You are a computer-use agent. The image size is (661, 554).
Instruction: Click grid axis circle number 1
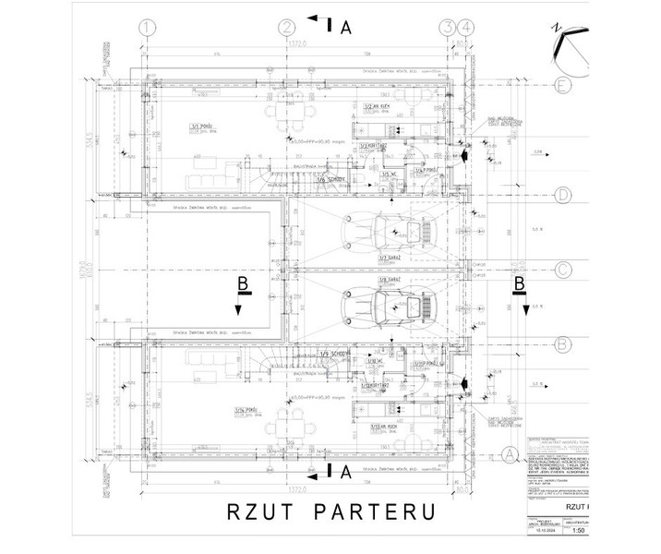[144, 27]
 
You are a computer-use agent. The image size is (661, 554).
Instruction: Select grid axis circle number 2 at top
[288, 27]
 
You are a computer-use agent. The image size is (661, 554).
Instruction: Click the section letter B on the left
[242, 285]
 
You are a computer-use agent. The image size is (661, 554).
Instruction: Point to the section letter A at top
[345, 28]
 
